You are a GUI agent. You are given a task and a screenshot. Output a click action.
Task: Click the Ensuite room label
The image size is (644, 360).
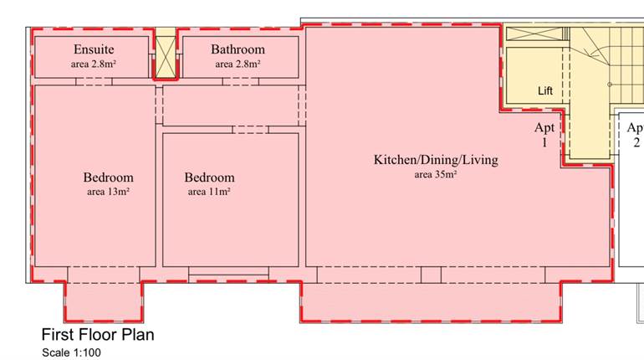coord(93,49)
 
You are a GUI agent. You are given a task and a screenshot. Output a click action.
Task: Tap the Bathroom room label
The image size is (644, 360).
coord(238,49)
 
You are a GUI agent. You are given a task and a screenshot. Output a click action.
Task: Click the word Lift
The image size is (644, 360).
coord(545,90)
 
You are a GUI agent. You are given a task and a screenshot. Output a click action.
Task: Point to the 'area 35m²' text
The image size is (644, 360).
coord(435,175)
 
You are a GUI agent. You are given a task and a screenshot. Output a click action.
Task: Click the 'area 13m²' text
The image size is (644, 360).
coord(108,192)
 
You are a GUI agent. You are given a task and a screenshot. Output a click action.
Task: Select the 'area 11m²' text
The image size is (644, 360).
coord(209,192)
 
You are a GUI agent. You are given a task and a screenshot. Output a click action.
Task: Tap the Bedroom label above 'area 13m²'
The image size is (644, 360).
coord(108,177)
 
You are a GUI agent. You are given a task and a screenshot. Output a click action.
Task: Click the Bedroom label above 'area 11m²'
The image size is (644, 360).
coord(209,177)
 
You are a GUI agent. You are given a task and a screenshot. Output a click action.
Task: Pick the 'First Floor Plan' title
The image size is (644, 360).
coord(98,335)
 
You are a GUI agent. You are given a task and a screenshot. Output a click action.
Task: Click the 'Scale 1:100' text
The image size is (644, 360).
coord(71,352)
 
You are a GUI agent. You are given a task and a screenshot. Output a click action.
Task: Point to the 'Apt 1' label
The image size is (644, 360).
coord(545,135)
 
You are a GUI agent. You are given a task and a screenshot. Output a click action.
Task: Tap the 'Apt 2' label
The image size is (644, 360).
coord(636,135)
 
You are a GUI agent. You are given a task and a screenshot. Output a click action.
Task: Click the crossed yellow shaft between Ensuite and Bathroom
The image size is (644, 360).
coord(166,55)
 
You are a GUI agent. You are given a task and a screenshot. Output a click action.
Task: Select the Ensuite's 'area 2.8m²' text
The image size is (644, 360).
coord(93,64)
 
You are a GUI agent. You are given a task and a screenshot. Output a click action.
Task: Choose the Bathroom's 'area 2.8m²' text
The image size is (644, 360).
coord(238,64)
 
